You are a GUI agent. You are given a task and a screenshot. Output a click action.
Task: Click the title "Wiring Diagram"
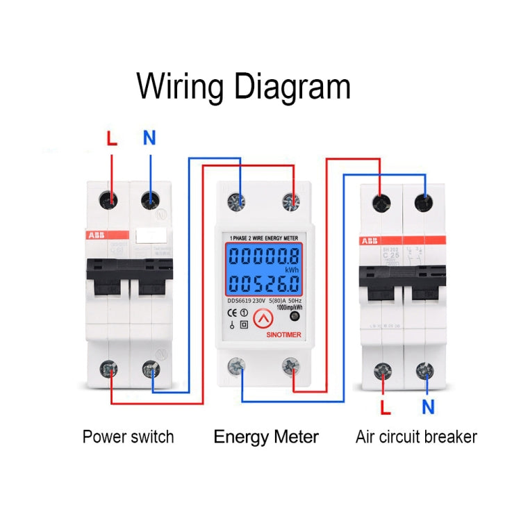point(243,88)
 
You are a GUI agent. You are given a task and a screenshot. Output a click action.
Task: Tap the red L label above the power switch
point(112,138)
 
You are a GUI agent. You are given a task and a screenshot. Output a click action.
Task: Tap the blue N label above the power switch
point(149,138)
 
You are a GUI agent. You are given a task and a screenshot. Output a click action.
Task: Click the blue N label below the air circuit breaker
point(428,406)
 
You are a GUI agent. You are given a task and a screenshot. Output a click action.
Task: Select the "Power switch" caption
point(128,437)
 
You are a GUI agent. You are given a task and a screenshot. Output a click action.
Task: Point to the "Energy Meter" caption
point(266,437)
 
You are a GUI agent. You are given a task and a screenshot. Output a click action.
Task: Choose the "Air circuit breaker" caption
point(416,437)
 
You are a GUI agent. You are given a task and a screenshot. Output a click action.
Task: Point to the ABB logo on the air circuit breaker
point(370,241)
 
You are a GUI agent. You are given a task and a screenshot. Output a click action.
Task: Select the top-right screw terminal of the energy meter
point(290,201)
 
